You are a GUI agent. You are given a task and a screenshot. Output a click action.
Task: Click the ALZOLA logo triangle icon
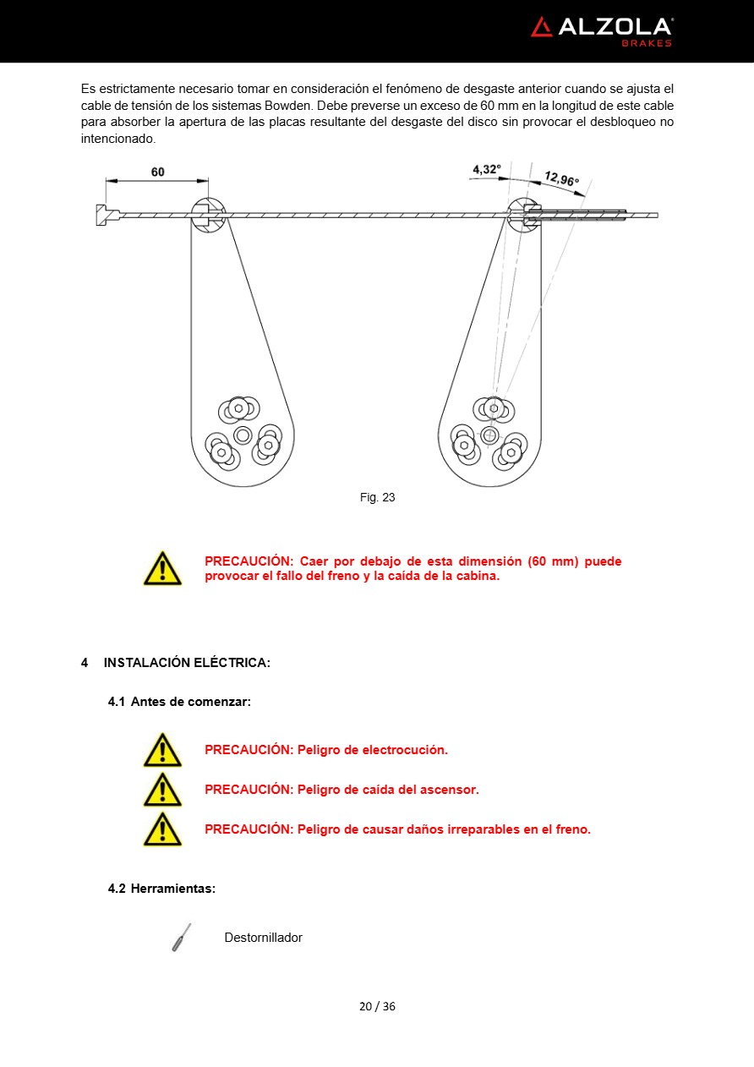click(x=542, y=27)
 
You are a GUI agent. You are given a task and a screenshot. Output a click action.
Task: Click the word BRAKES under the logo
click(x=647, y=43)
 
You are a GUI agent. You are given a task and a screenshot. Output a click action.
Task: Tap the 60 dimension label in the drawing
click(x=158, y=172)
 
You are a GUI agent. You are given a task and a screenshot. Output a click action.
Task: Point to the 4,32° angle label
click(x=486, y=169)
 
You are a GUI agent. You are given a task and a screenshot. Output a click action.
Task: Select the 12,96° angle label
click(x=561, y=178)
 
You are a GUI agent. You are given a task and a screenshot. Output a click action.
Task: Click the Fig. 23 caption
click(x=377, y=497)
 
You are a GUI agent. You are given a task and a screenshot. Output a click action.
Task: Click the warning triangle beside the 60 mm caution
click(x=162, y=568)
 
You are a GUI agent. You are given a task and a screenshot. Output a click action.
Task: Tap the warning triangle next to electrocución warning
click(x=162, y=750)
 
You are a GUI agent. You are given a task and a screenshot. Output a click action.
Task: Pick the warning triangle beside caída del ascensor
click(x=162, y=790)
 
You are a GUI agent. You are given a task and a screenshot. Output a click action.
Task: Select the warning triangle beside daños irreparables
click(x=162, y=829)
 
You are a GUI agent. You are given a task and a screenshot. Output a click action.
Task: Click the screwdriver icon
click(x=181, y=938)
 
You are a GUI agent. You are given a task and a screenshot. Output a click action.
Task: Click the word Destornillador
click(x=263, y=938)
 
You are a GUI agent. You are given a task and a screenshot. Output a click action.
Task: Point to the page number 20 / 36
click(x=377, y=1006)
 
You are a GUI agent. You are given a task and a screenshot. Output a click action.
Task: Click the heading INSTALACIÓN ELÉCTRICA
click(x=187, y=663)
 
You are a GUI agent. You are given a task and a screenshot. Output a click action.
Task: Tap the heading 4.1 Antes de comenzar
click(x=179, y=702)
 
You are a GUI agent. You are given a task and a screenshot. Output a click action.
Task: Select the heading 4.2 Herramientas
click(x=161, y=889)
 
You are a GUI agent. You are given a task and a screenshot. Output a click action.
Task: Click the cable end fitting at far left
click(x=102, y=215)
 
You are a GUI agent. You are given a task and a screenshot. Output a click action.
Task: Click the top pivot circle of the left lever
click(x=208, y=215)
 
